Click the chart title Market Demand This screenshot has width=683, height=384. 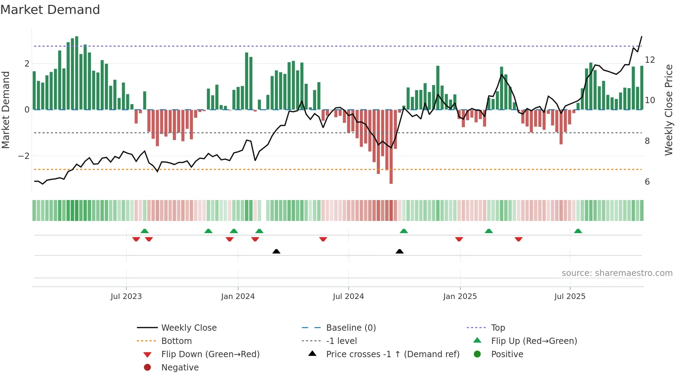[50, 10]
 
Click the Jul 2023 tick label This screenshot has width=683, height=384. [126, 297]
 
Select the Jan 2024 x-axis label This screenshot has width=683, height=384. [238, 297]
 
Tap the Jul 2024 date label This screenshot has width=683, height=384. [348, 297]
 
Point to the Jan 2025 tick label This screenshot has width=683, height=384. [460, 297]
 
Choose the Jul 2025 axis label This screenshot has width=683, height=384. [570, 297]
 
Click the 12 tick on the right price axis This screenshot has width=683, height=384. [650, 60]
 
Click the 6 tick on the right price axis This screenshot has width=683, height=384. [647, 182]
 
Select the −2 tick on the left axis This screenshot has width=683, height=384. [24, 156]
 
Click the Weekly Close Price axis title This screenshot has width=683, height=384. [668, 110]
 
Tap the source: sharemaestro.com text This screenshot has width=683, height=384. [617, 273]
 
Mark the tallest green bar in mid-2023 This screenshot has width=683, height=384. [77, 73]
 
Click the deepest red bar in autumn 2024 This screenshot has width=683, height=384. [391, 146]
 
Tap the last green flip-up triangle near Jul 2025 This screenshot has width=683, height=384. [578, 231]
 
